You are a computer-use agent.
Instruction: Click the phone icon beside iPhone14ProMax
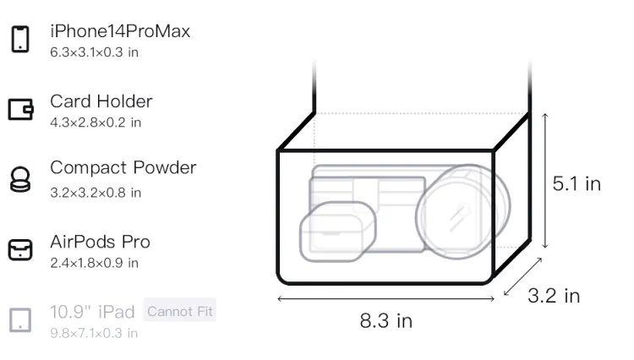(20, 39)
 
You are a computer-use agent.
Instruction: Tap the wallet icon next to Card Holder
(20, 110)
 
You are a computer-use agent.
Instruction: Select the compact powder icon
(20, 179)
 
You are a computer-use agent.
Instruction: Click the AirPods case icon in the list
(20, 249)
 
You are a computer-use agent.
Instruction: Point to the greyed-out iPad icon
(20, 320)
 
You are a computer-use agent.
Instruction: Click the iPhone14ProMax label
(120, 31)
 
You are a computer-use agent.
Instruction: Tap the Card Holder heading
(101, 101)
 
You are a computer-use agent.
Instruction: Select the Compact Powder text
(123, 168)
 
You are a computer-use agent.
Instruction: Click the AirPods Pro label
(101, 242)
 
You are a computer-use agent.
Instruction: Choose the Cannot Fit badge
(180, 311)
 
